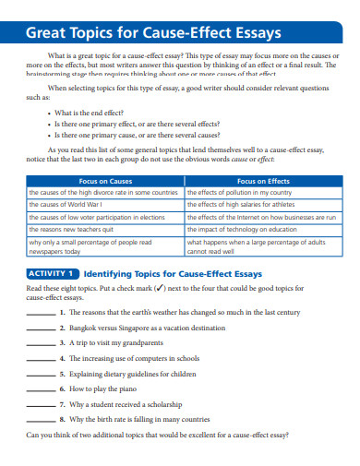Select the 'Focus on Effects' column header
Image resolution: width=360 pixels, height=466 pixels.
click(262, 182)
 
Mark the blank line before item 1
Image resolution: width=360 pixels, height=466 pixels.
click(41, 314)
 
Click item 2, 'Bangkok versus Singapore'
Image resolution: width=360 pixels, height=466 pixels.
click(147, 328)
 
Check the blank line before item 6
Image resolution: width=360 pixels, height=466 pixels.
click(41, 389)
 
